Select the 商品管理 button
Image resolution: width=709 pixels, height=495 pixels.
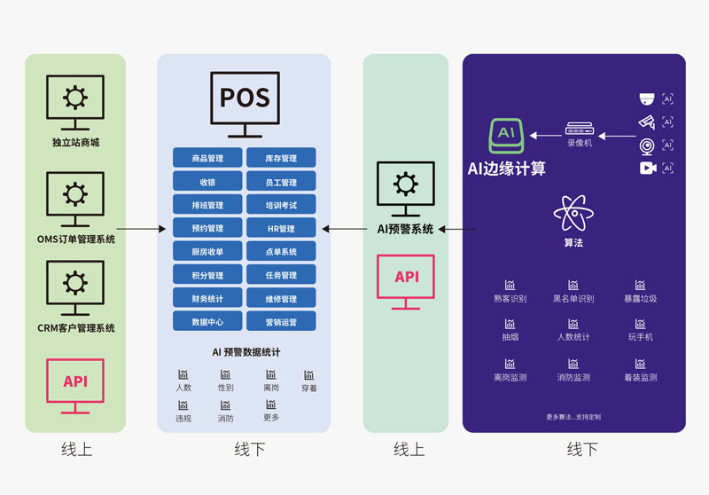207,159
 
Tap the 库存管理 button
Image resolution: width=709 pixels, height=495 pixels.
281,159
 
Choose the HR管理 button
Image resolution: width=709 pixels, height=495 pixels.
281,229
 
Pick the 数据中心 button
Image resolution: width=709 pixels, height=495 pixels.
207,322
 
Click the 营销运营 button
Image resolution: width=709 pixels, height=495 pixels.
281,322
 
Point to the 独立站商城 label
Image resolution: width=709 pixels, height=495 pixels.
75,143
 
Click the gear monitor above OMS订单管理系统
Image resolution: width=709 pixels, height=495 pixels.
75,198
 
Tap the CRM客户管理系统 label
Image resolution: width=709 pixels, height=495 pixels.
75,328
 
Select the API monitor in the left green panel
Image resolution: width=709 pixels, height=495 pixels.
75,384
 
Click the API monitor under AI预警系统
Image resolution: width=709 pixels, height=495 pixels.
406,280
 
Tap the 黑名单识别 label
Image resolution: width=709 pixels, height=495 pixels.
573,299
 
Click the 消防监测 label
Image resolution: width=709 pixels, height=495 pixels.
573,377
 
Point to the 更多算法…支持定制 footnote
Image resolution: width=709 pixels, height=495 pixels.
573,416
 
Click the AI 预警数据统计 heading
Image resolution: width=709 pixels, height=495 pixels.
245,352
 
